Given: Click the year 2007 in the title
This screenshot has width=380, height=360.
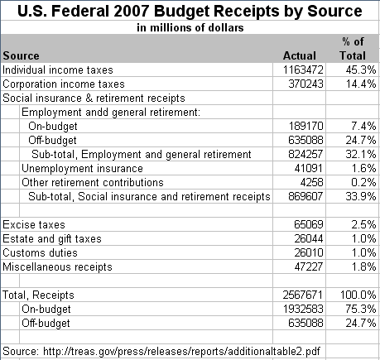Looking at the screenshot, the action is coord(131,11).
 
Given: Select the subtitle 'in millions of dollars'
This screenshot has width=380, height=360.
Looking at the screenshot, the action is coord(190,27).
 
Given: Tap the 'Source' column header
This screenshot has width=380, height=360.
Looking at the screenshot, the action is coord(21,55).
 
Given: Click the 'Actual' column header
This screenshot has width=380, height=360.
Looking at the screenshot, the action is coord(300,55).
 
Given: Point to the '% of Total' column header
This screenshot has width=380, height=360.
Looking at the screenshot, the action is coord(353,49).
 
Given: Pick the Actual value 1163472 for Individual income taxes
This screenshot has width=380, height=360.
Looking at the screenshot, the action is coord(303,70).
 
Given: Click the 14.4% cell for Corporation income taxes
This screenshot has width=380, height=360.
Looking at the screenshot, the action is coord(361,84).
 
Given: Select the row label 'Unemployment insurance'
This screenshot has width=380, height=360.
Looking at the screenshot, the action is coord(82,168).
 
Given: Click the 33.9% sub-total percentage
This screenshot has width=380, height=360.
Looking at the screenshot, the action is coord(361,196).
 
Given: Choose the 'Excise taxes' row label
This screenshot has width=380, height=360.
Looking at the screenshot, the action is coord(34,224).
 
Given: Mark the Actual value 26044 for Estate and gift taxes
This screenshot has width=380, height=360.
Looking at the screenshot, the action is coord(309,238).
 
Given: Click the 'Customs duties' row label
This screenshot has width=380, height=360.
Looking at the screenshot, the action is coord(40,252).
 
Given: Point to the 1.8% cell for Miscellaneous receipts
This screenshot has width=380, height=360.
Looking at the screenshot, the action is coord(364,266).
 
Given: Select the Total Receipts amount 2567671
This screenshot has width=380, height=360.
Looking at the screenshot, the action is coord(303,295).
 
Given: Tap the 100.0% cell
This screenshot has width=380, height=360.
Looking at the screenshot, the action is coord(358,295).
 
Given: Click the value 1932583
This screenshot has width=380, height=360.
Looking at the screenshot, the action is coord(303,309).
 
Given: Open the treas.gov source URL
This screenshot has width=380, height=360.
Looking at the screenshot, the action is coord(181,352).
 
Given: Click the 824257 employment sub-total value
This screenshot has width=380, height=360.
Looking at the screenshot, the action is coord(305,154).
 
